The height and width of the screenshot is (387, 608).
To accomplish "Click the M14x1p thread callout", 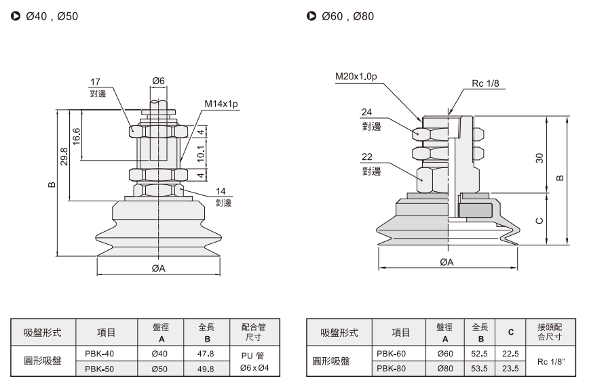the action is point(221,104).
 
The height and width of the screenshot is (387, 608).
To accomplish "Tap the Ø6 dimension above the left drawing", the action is point(158,81).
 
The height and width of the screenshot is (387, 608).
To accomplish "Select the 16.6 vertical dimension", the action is point(76,136).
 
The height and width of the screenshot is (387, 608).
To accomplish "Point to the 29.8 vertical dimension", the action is point(64,156).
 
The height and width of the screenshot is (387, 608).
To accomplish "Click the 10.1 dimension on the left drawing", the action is point(200,154).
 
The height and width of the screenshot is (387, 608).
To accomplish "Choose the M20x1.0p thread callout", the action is point(356,77).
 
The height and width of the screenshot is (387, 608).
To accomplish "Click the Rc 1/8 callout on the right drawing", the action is point(485,83).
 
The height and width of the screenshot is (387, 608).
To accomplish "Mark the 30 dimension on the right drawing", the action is point(539,158).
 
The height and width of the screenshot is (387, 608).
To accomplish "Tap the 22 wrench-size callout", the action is point(367,157).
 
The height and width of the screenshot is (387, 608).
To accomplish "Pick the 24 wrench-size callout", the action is point(366,112).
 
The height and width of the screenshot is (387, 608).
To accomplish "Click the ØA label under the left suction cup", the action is point(159,268).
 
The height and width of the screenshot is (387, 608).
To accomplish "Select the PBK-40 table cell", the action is point(99,354).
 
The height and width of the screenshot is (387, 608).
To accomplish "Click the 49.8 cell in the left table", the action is point(206,369).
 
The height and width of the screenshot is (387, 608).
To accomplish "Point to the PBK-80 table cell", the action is point(392,369).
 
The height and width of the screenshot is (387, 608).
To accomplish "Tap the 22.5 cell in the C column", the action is point(510,354).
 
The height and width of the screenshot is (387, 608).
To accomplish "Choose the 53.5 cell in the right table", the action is point(479,369).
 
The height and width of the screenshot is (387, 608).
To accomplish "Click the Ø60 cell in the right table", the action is point(445,354).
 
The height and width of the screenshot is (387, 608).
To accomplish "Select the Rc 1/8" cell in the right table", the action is point(551,361).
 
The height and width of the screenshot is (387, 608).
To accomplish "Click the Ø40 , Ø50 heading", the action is point(52,16).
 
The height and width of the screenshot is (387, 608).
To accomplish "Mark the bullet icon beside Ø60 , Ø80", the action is point(311,16).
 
